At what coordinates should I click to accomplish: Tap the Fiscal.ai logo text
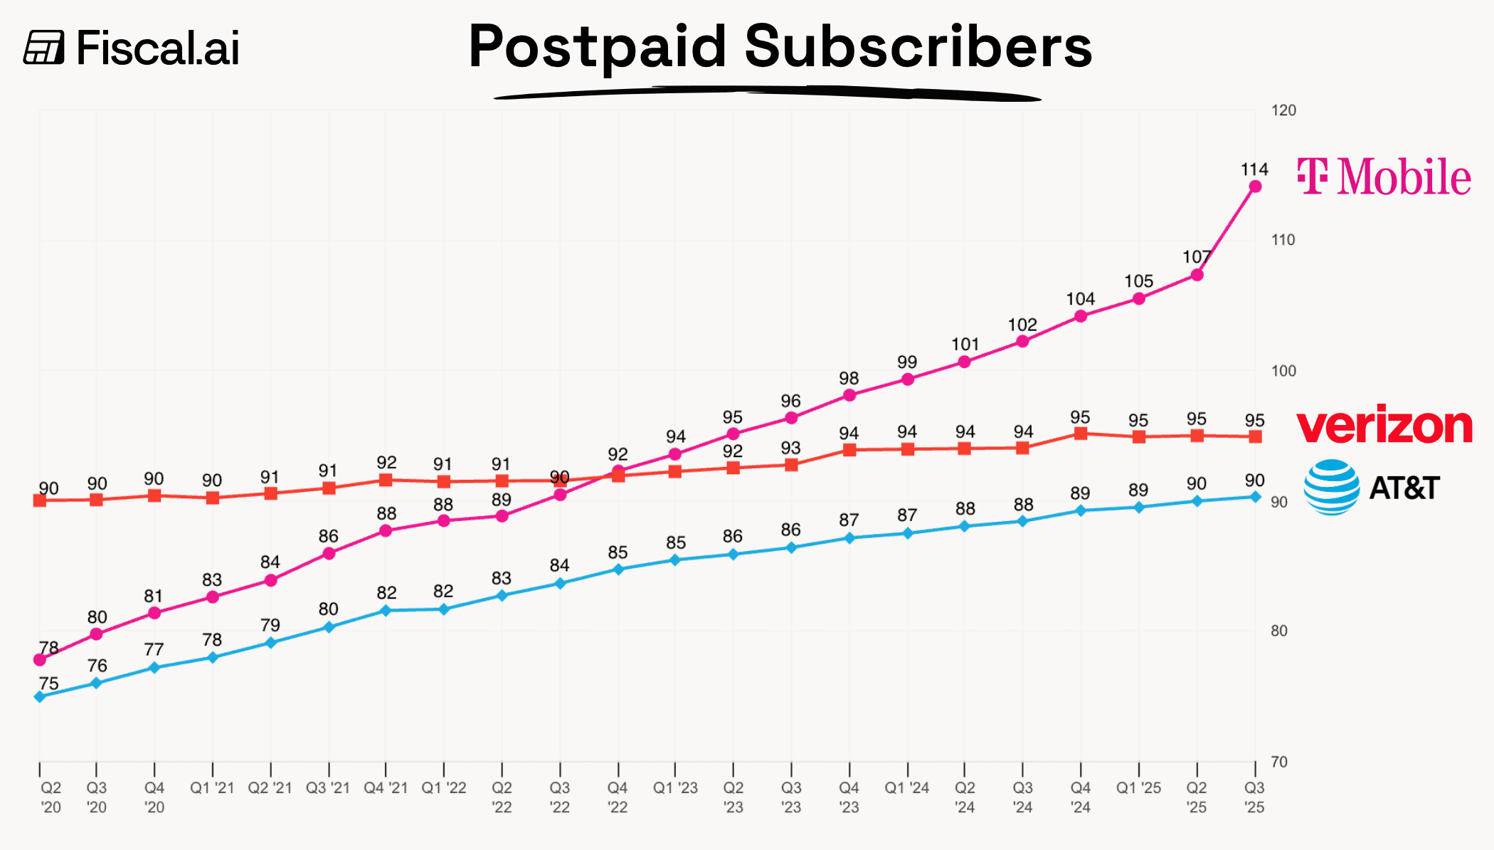point(157,48)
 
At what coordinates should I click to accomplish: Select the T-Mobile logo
point(1384,177)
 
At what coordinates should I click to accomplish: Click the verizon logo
point(1384,425)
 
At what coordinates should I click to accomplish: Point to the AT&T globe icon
point(1331,488)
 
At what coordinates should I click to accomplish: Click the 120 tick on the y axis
point(1283,110)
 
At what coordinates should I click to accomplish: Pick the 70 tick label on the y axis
point(1279,762)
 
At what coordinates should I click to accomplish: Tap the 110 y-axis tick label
point(1283,240)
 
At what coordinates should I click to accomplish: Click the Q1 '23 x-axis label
point(675,788)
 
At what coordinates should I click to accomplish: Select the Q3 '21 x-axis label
point(328,788)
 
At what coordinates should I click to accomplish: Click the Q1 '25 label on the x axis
point(1138,788)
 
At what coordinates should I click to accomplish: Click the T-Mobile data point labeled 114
point(1255,187)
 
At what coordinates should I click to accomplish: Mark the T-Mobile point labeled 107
point(1197,275)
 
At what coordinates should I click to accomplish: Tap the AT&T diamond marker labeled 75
point(40,696)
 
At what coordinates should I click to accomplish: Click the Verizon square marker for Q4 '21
point(386,480)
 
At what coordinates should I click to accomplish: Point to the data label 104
point(1080,299)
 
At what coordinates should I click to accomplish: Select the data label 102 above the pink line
point(1022,325)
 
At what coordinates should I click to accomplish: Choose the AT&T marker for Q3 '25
point(1255,497)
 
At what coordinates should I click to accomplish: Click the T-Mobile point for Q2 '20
point(40,660)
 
